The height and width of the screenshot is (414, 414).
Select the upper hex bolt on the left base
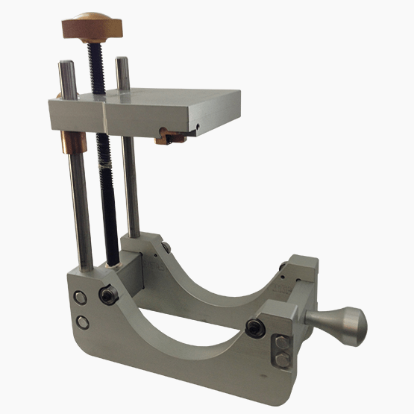(x=81, y=297)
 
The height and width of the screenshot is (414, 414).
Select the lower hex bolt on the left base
(x=81, y=322)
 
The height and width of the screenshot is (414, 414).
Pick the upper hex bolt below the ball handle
(x=281, y=345)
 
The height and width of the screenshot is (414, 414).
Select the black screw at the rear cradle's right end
(x=283, y=267)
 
